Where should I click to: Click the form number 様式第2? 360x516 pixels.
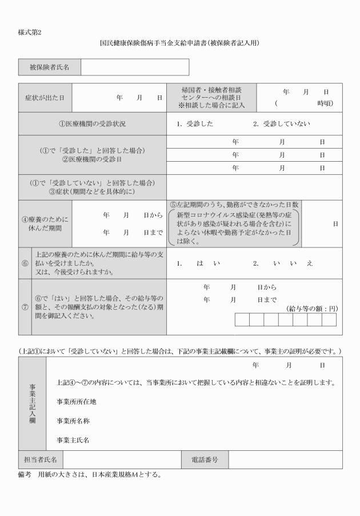[30, 32]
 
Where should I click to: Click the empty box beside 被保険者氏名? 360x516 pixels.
[134, 67]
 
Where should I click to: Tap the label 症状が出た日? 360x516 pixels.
[45, 98]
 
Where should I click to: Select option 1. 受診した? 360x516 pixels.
[195, 124]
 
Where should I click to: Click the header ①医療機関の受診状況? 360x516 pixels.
[92, 124]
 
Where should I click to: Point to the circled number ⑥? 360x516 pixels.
[25, 263]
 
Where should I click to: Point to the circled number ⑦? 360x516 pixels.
[25, 307]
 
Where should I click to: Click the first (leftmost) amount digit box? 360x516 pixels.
[242, 319]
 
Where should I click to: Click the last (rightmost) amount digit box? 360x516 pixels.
[329, 319]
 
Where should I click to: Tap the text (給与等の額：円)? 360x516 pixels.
[311, 309]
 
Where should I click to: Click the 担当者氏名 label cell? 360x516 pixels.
[40, 459]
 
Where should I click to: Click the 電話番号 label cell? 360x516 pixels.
[205, 459]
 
